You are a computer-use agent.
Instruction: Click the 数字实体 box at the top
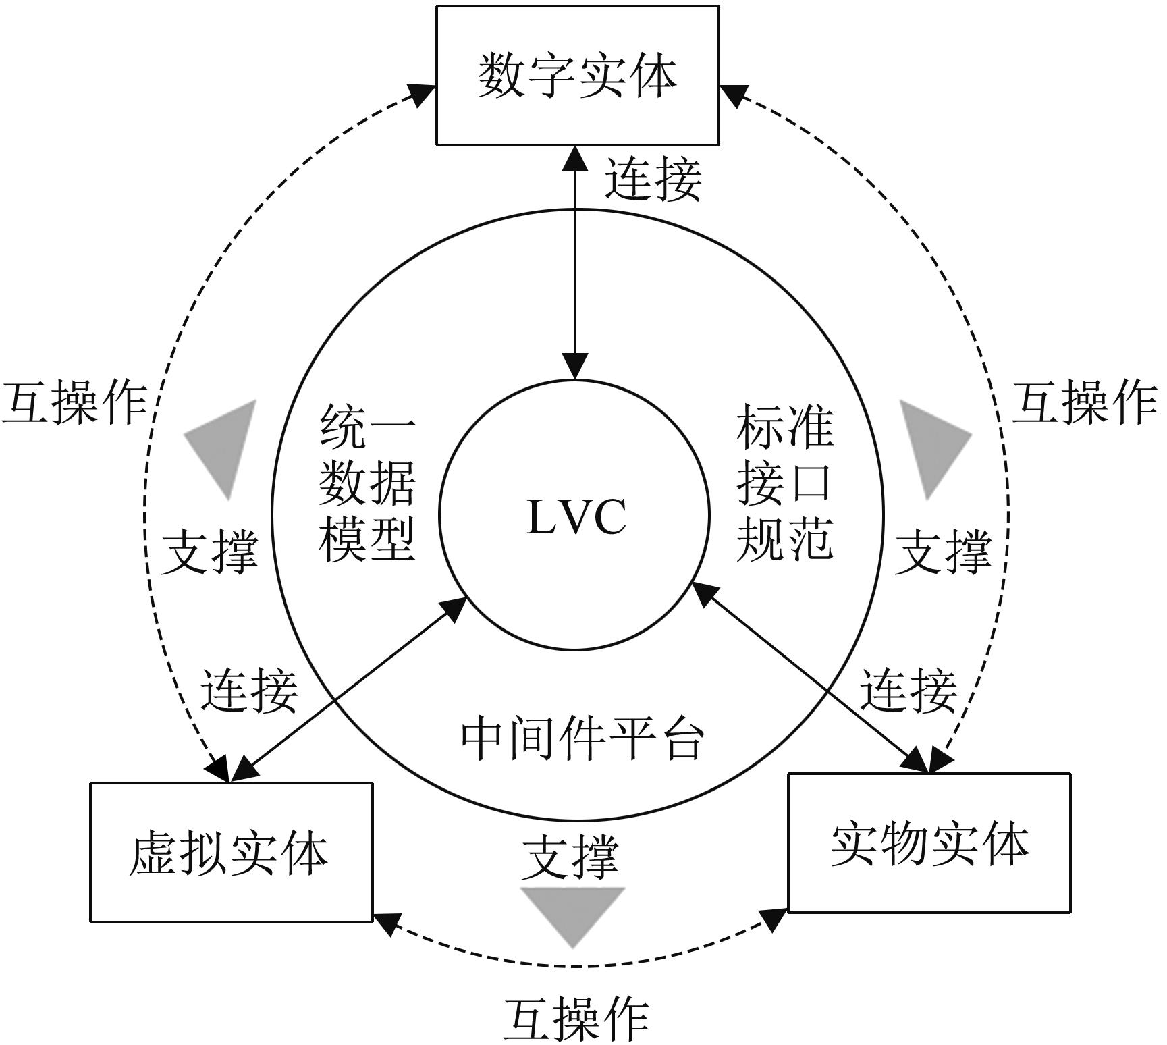[x=577, y=76]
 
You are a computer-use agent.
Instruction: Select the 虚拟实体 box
[x=231, y=852]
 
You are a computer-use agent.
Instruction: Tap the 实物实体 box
[x=929, y=843]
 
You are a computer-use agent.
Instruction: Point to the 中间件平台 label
[x=582, y=739]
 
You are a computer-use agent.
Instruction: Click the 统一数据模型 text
[x=367, y=483]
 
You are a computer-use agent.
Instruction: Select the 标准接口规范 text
[x=784, y=483]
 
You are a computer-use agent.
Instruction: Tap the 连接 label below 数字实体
[x=652, y=180]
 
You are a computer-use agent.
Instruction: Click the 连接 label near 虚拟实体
[x=249, y=691]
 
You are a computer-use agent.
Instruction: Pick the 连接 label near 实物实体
[x=908, y=691]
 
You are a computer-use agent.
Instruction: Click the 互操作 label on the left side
[x=74, y=403]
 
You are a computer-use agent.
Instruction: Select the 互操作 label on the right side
[x=1084, y=403]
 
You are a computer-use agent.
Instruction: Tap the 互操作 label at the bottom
[x=576, y=1019]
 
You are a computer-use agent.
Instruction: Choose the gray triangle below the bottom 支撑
[x=573, y=912]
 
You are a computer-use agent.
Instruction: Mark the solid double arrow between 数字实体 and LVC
[x=575, y=263]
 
